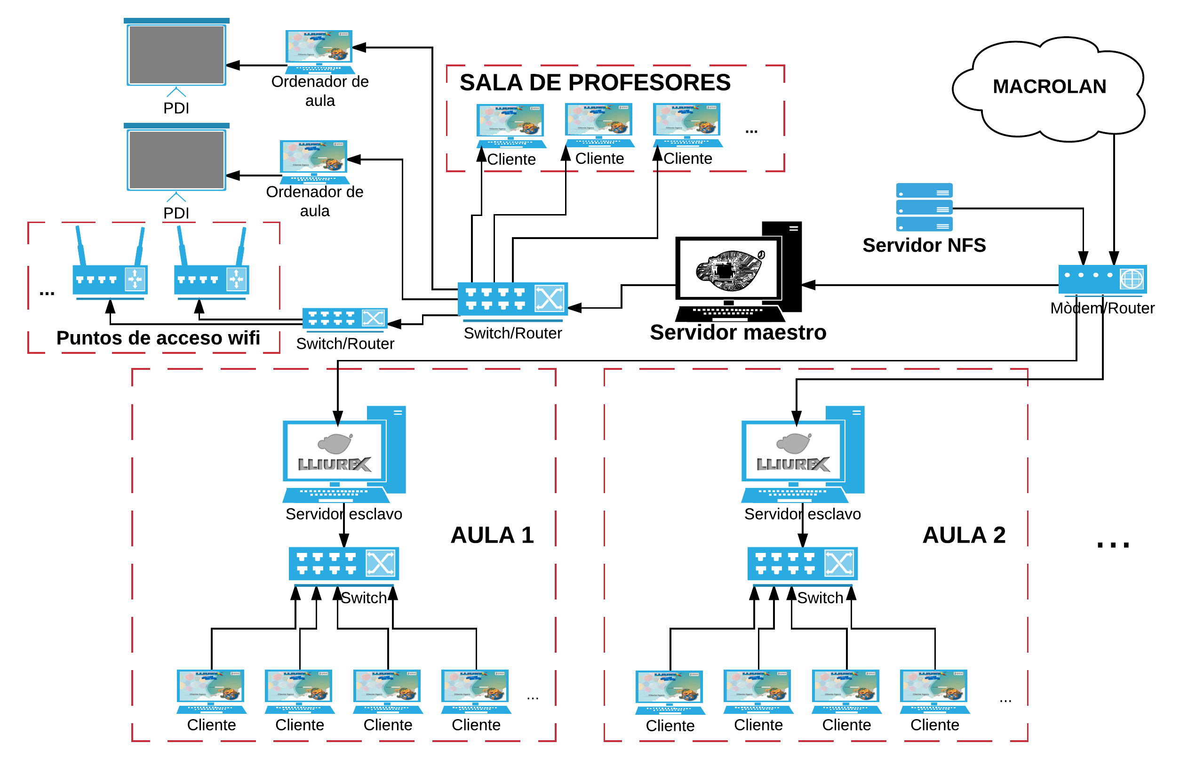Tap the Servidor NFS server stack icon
(x=924, y=207)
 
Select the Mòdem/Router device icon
(x=1102, y=280)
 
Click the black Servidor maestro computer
(x=738, y=272)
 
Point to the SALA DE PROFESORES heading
(x=595, y=82)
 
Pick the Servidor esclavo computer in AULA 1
(x=344, y=455)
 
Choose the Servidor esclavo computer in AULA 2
(x=802, y=455)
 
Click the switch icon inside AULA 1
(x=344, y=564)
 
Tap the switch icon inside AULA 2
(x=802, y=564)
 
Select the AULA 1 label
(x=492, y=535)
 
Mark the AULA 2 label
(x=964, y=535)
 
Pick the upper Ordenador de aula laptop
(x=319, y=52)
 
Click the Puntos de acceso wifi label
(x=158, y=338)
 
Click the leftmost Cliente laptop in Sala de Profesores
(x=510, y=126)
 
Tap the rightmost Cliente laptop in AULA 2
(x=934, y=692)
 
